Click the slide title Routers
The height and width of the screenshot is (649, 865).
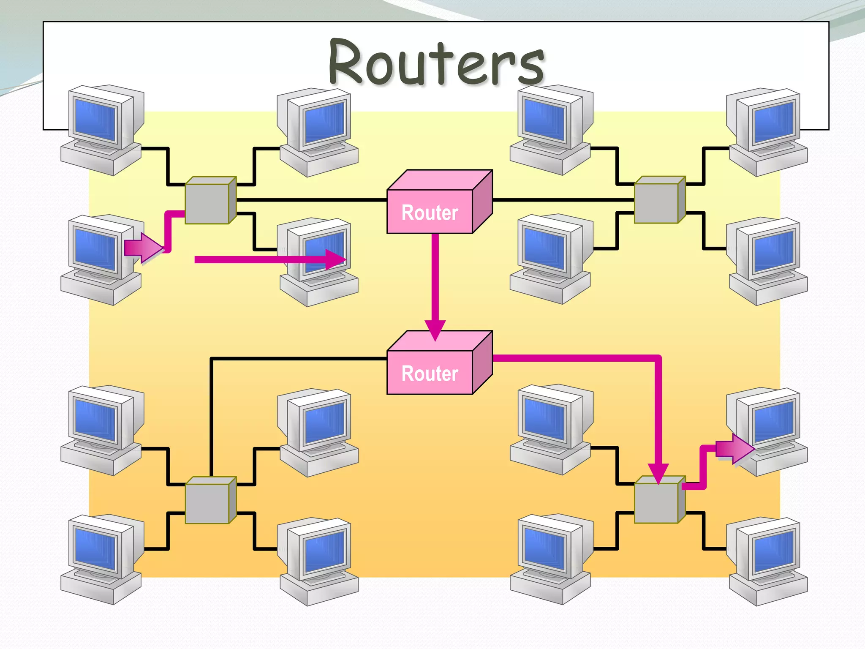point(437,62)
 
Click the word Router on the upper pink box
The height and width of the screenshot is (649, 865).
point(430,213)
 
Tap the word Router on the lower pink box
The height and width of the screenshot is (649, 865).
point(430,374)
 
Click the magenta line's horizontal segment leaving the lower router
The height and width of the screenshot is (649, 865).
point(574,358)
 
